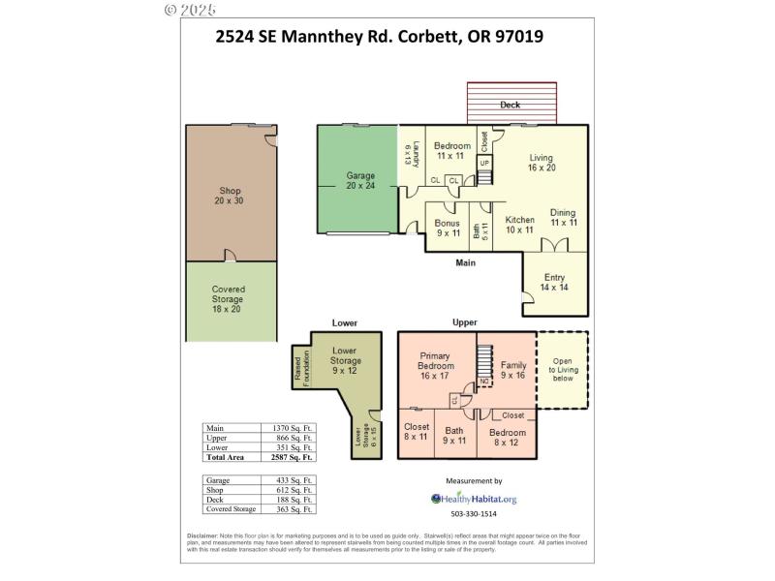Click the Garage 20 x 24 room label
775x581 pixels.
click(x=360, y=182)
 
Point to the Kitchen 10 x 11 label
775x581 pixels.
click(x=519, y=225)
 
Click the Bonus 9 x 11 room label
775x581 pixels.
click(x=448, y=228)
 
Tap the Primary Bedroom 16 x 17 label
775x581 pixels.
click(x=436, y=366)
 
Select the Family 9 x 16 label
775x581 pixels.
click(x=513, y=370)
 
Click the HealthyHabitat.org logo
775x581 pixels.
click(x=474, y=499)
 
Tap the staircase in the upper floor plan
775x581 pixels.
click(x=481, y=360)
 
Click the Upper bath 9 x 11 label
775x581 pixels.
click(x=455, y=435)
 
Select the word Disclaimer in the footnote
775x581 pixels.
click(x=203, y=535)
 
